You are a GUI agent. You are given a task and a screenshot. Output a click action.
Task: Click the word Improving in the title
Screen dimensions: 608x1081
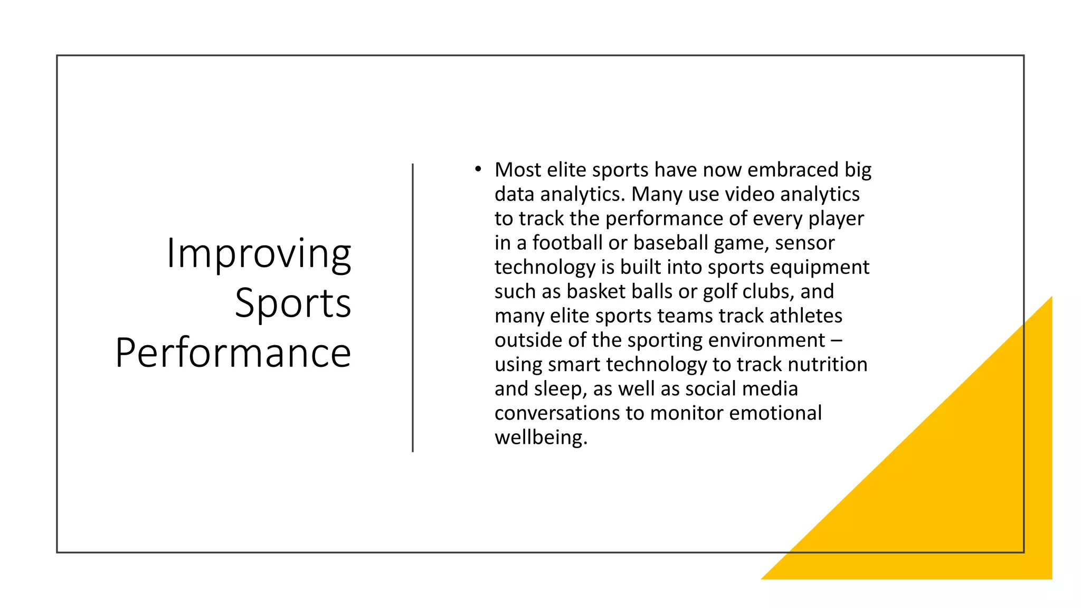click(259, 254)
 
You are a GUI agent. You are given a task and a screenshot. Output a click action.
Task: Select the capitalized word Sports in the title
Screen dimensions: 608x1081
click(292, 303)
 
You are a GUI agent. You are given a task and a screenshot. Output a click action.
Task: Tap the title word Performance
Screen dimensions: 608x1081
click(233, 353)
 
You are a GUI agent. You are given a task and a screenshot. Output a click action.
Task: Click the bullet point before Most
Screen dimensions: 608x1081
click(478, 169)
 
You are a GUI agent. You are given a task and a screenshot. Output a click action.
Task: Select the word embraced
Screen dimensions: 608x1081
click(793, 170)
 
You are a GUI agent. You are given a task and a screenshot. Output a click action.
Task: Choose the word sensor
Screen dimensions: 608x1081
click(805, 243)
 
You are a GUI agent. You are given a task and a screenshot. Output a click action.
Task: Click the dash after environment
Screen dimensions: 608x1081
click(837, 340)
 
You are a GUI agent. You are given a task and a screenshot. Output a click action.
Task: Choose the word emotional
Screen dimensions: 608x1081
click(775, 413)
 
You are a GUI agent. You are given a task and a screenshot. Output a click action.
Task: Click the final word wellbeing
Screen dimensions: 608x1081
click(540, 437)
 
